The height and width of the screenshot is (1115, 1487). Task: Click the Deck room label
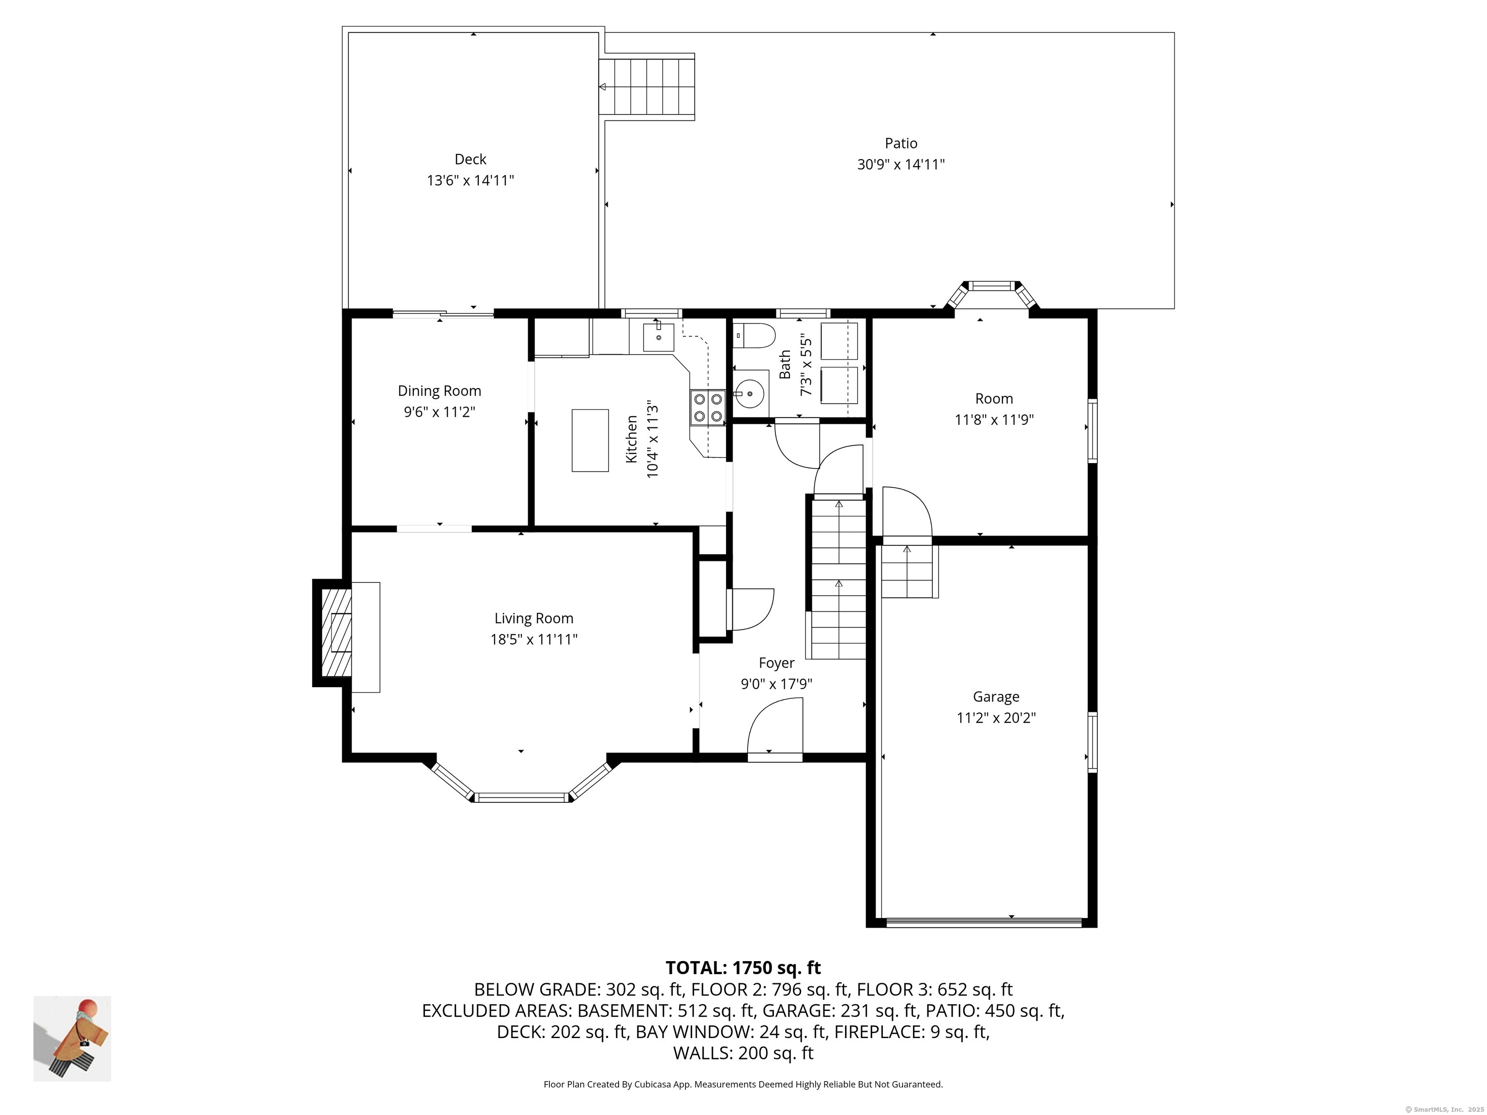point(470,159)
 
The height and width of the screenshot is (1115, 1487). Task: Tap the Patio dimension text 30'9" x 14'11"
point(900,165)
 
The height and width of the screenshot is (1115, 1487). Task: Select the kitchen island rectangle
point(590,440)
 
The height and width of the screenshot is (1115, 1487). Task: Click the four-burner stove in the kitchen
point(707,407)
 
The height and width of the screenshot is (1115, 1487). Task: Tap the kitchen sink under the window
point(658,337)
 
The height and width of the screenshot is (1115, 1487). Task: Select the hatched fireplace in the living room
point(337,633)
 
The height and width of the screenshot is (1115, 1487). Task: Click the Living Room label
point(534,618)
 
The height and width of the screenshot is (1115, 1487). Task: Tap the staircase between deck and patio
point(646,88)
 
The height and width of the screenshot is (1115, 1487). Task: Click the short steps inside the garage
point(908,571)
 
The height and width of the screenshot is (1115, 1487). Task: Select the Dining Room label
point(439,391)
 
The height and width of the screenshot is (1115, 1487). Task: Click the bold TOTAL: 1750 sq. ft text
point(743,968)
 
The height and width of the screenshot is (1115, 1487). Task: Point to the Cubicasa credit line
point(743,1084)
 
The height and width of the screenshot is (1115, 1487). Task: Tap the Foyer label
point(776,663)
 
